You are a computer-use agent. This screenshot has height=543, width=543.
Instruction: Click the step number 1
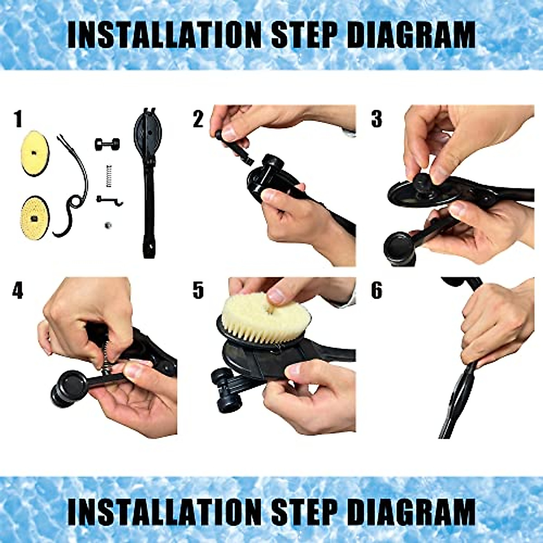(x=18, y=119)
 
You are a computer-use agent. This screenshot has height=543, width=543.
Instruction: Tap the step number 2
(x=198, y=119)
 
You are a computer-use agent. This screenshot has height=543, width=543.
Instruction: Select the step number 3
(x=376, y=119)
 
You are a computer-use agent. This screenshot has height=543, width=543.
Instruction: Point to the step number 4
(x=18, y=291)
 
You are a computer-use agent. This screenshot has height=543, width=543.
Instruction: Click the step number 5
(x=198, y=291)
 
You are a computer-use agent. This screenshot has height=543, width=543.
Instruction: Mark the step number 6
(x=376, y=291)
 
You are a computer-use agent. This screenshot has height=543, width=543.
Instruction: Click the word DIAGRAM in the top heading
(x=413, y=34)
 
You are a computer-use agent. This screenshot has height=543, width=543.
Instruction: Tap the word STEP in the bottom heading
(x=303, y=512)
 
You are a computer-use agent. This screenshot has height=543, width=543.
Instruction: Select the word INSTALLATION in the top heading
(x=164, y=34)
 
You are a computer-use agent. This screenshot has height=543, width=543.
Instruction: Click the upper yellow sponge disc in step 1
(x=35, y=153)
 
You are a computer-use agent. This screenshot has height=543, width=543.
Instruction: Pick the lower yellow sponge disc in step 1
(x=35, y=216)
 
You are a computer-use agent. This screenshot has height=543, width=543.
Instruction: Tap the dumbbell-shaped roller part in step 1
(x=107, y=144)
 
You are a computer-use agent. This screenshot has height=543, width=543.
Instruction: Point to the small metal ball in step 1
(x=107, y=225)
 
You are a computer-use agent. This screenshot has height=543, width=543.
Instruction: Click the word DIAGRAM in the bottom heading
(x=413, y=512)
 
